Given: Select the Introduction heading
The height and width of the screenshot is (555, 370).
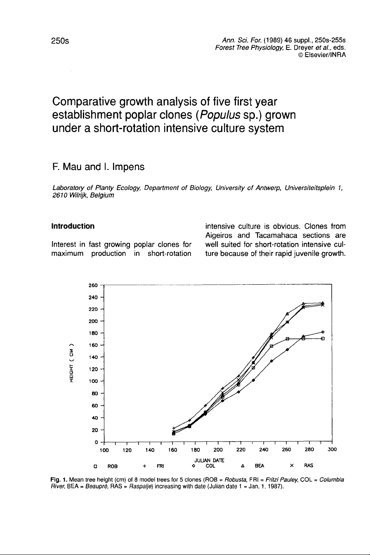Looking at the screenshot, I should coord(73,226).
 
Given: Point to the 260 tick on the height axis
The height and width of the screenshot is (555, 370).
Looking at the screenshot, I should coord(93,285).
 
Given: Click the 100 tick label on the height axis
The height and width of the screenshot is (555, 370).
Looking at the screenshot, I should coord(93,381).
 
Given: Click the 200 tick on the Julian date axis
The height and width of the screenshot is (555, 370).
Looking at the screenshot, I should coord(218,450).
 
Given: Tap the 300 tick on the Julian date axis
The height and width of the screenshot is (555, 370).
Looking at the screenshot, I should coord(332,450).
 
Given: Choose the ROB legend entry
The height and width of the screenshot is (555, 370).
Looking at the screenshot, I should coord(112,466).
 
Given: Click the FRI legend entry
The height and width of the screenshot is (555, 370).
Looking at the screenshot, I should coord(160,466).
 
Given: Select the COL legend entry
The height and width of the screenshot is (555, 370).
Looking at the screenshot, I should coord(210,466).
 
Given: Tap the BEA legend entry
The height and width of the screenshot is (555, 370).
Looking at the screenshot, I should coord(259,466).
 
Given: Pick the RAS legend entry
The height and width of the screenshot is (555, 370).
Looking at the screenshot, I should coord(308,466).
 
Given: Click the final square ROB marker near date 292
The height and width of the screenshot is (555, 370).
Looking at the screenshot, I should coord(323,339).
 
